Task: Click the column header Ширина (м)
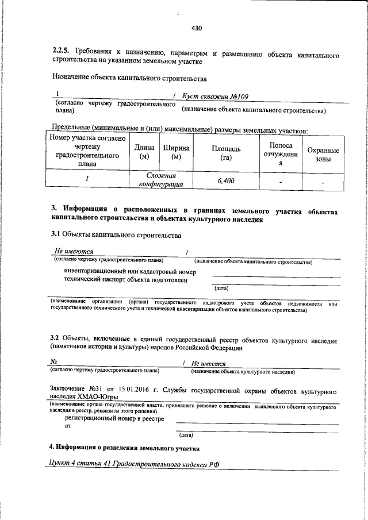(176, 152)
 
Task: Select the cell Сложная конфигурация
(160, 180)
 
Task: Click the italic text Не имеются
(74, 251)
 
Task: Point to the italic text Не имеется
(209, 363)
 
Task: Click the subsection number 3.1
(55, 235)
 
